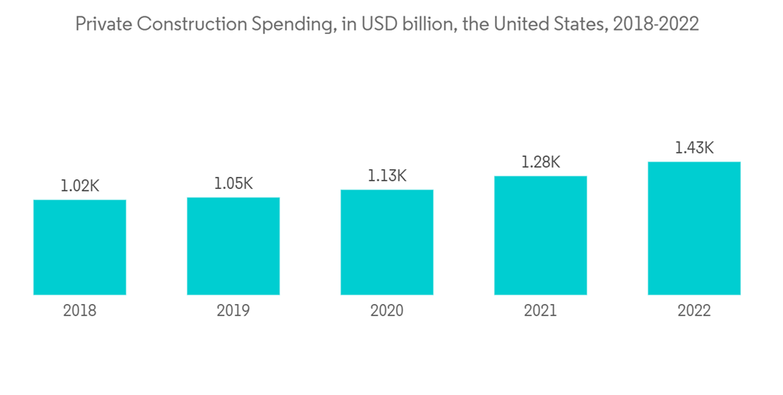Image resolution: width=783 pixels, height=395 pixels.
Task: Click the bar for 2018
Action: [80, 247]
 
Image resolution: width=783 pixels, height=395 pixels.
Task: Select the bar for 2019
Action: [233, 246]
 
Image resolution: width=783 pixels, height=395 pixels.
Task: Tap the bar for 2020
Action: [387, 242]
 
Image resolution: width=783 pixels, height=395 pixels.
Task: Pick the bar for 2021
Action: [540, 235]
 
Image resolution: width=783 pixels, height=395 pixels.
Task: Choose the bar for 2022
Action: [694, 228]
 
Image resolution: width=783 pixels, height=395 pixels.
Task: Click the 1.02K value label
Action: [80, 187]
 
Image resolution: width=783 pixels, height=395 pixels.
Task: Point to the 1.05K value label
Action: [233, 183]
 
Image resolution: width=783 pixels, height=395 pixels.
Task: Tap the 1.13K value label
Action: [387, 176]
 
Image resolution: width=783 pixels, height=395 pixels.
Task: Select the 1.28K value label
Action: [540, 162]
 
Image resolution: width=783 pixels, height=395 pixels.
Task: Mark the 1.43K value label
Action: [694, 147]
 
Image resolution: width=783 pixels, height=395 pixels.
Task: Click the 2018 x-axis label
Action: [80, 311]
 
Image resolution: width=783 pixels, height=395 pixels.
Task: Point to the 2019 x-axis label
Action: [233, 311]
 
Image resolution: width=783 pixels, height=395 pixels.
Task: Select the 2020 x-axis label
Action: [387, 311]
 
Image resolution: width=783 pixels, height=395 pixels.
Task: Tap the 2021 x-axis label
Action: [540, 311]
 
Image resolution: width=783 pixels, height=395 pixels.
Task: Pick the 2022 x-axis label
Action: [694, 311]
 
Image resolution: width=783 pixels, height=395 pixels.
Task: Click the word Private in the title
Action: [103, 24]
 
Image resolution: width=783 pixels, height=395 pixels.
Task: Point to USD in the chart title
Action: [375, 24]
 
